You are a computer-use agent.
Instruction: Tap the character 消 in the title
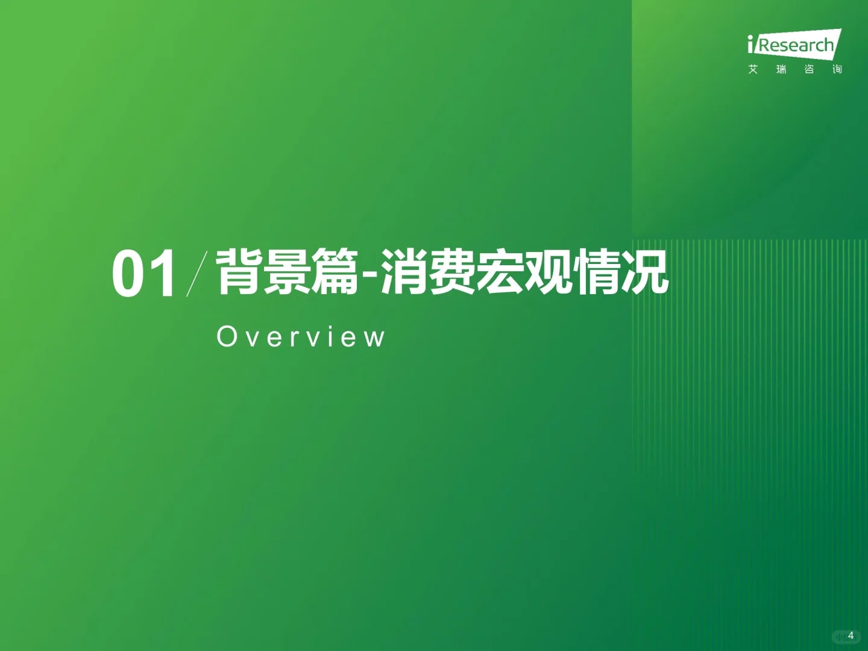(x=404, y=272)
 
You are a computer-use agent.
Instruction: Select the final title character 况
(x=645, y=272)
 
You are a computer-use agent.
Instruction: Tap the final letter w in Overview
(x=376, y=338)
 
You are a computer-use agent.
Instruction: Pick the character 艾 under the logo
(x=753, y=69)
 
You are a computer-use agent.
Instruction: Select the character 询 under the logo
(x=837, y=69)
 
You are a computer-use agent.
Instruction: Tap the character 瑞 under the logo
(x=781, y=69)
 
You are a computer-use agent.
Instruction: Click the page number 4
(x=851, y=635)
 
